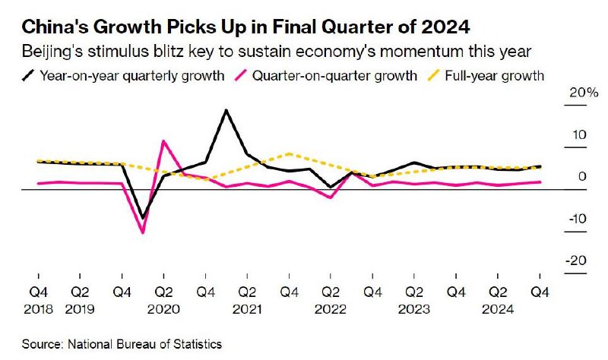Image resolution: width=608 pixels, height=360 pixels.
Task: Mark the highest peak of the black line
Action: coord(226,111)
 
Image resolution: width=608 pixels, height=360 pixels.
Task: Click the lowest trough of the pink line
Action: coord(143,232)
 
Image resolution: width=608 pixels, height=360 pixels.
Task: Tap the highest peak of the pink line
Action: coord(163,141)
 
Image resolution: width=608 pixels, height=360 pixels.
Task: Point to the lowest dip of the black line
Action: coord(142,219)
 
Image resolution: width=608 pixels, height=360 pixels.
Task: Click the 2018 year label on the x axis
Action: coord(37,310)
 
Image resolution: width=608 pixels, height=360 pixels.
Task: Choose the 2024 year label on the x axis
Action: coord(497,310)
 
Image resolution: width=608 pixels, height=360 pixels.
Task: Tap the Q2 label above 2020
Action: coord(163,292)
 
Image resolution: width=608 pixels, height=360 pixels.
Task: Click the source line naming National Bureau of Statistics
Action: coord(122,344)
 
